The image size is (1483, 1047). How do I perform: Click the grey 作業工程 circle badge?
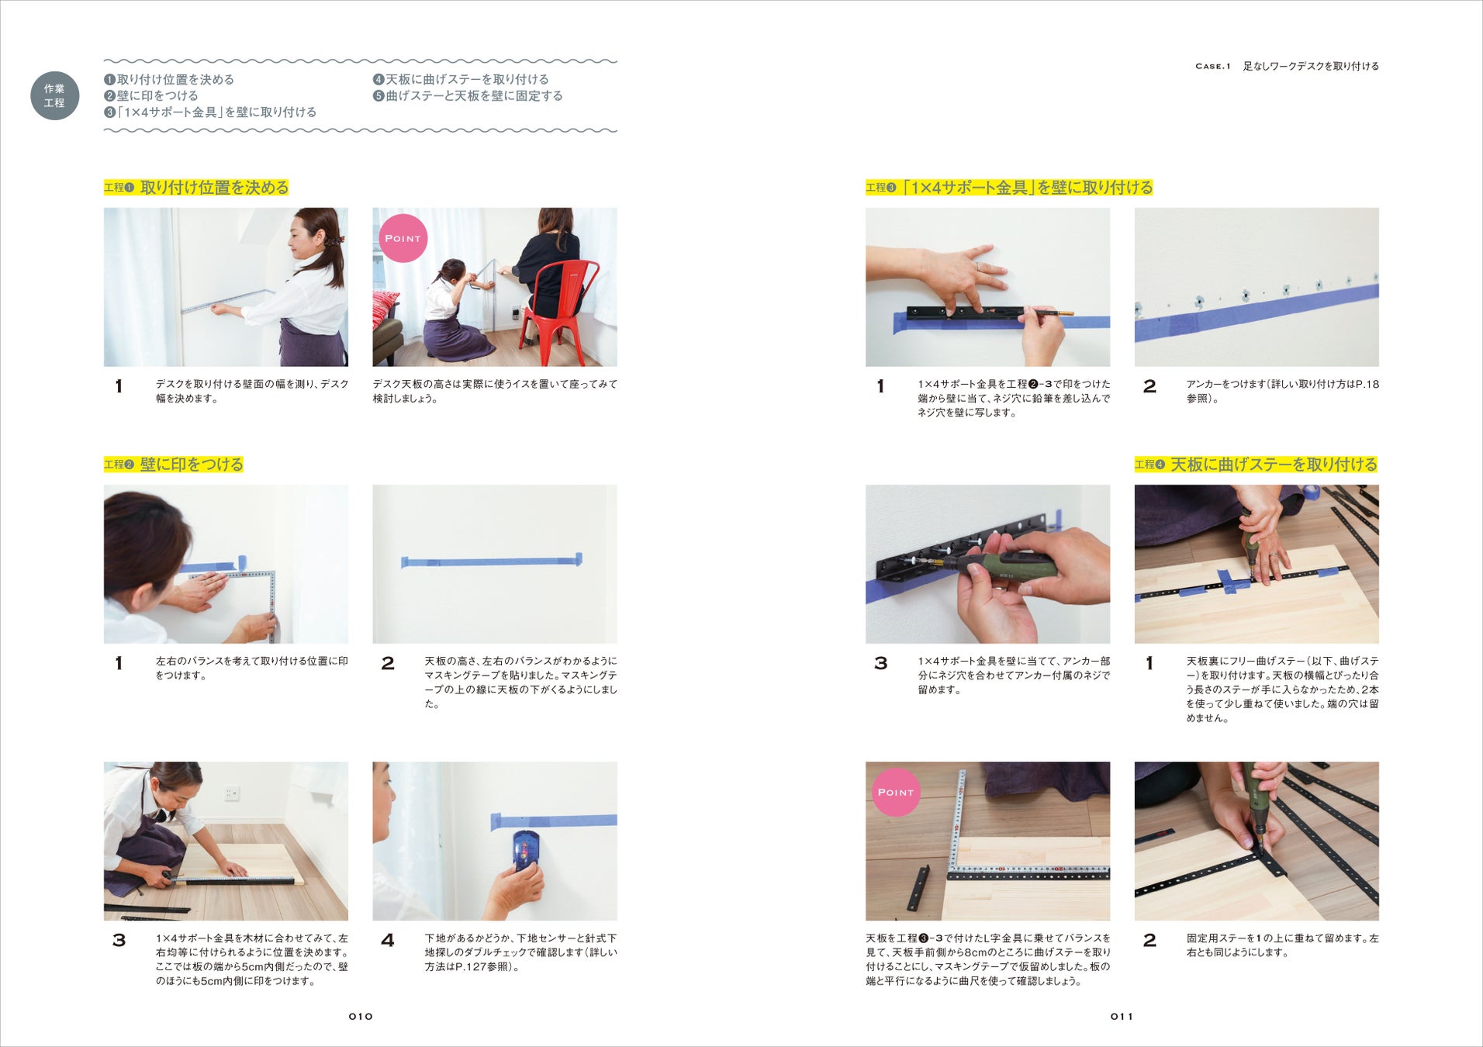pyautogui.click(x=54, y=96)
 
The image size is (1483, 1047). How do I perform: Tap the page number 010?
pyautogui.click(x=361, y=1016)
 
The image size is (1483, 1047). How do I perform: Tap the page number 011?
pyautogui.click(x=1122, y=1016)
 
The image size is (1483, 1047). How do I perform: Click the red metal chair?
pyautogui.click(x=557, y=310)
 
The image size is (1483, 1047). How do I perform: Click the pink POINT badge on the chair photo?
pyautogui.click(x=403, y=238)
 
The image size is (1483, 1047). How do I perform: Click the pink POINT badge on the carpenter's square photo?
pyautogui.click(x=896, y=792)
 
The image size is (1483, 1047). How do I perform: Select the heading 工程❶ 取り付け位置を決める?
pyautogui.click(x=196, y=188)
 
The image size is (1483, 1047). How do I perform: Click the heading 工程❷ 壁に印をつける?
pyautogui.click(x=174, y=465)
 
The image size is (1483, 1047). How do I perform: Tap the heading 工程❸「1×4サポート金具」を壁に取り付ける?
pyautogui.click(x=1009, y=188)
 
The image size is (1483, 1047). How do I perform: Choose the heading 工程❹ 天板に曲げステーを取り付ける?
pyautogui.click(x=1257, y=465)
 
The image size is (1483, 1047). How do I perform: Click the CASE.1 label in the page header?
pyautogui.click(x=1213, y=67)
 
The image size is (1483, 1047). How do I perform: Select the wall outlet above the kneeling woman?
pyautogui.click(x=232, y=793)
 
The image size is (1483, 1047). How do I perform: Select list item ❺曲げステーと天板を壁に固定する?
pyautogui.click(x=468, y=96)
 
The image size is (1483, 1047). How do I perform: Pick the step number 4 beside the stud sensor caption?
pyautogui.click(x=388, y=940)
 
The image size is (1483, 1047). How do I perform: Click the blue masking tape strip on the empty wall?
pyautogui.click(x=492, y=561)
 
